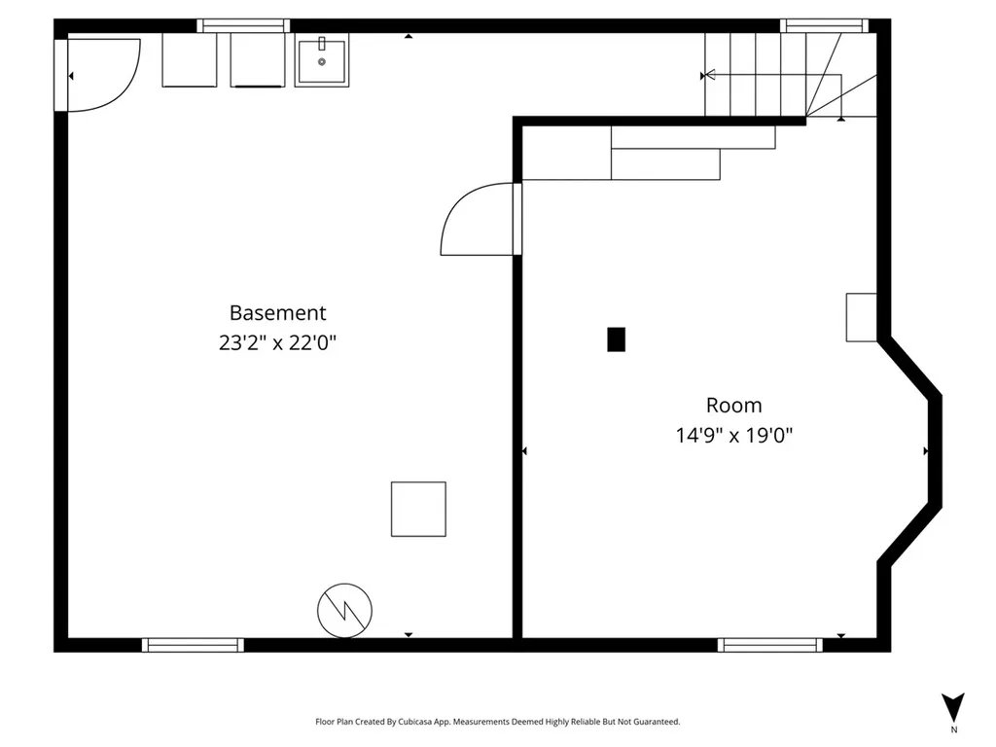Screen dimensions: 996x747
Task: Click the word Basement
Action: click(277, 312)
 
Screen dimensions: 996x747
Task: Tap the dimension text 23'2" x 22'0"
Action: click(277, 343)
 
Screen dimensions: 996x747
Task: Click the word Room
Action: click(733, 406)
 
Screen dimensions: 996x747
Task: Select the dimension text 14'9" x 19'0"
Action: click(733, 436)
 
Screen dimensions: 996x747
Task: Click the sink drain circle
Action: click(322, 61)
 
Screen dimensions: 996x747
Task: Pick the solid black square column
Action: click(616, 339)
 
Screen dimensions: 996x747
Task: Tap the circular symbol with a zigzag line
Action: click(345, 611)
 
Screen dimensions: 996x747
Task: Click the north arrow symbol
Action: click(953, 707)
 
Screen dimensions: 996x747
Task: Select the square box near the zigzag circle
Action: click(418, 509)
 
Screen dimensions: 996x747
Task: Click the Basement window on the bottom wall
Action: click(193, 645)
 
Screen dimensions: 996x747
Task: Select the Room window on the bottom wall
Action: click(770, 645)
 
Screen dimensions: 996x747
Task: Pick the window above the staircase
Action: click(824, 25)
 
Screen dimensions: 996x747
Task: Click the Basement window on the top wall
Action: click(243, 25)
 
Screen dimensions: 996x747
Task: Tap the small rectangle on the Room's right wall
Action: click(862, 317)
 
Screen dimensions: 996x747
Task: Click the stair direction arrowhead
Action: click(709, 75)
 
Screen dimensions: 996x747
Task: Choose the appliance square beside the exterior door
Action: click(190, 59)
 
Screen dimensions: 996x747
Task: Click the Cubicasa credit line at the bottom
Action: click(497, 722)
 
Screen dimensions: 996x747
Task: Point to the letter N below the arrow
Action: click(953, 729)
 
